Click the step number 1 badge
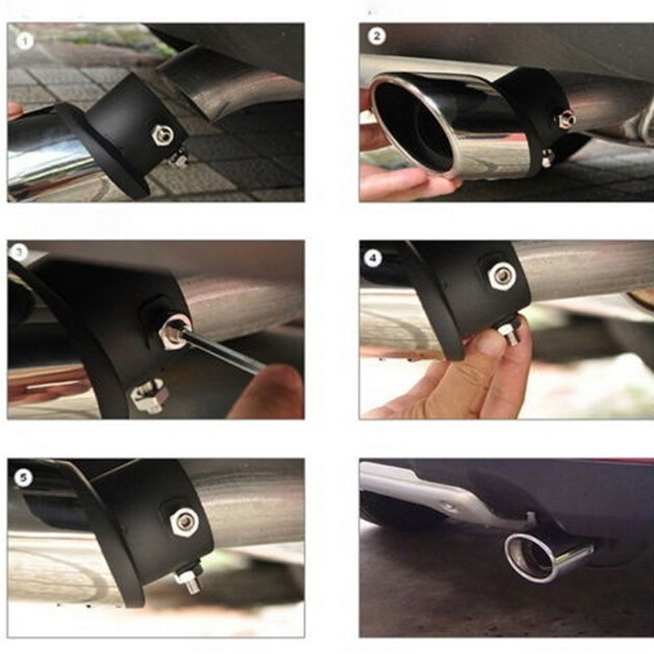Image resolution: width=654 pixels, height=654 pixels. (x=25, y=41)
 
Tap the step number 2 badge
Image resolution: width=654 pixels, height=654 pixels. (x=377, y=37)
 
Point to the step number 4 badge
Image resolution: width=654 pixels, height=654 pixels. (x=373, y=258)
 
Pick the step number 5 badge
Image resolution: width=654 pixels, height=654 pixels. (x=23, y=478)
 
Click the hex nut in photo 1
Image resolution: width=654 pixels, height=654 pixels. (x=163, y=134)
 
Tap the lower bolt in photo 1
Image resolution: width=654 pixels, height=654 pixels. (x=179, y=158)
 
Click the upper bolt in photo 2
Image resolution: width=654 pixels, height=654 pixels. (x=567, y=119)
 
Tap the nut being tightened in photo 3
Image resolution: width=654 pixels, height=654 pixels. (x=174, y=330)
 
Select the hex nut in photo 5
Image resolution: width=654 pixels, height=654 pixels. (x=184, y=522)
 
